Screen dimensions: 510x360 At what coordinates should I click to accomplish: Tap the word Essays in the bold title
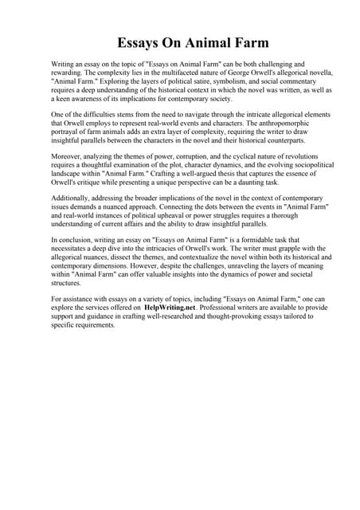(x=141, y=42)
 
